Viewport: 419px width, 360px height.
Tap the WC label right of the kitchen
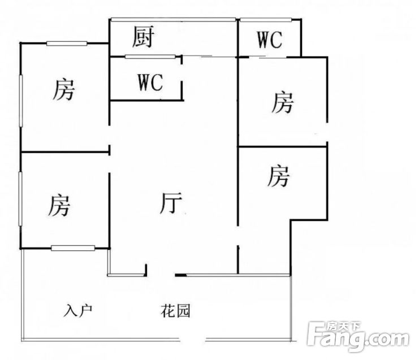[270, 40]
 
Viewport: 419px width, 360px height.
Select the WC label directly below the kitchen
[150, 83]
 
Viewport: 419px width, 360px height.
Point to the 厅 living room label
[171, 203]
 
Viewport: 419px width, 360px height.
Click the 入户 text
[78, 310]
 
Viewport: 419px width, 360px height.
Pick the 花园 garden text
[175, 311]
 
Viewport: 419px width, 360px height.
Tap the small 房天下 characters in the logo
[343, 326]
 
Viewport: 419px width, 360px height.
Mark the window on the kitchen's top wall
[174, 19]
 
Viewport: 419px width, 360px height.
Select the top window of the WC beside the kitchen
[266, 19]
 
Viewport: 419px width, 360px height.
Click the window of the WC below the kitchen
[150, 57]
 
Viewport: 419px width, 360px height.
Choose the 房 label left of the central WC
[63, 89]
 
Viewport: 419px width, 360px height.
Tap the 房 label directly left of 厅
[59, 205]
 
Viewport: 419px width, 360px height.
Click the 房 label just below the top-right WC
[283, 102]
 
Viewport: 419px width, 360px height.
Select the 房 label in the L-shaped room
[278, 176]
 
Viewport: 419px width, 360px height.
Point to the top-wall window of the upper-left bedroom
[67, 44]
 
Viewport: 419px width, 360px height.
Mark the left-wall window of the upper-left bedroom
[20, 101]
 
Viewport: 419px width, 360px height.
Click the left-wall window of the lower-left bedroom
[20, 199]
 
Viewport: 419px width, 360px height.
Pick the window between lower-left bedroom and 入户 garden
[73, 248]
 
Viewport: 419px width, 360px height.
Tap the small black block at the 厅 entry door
[180, 275]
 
